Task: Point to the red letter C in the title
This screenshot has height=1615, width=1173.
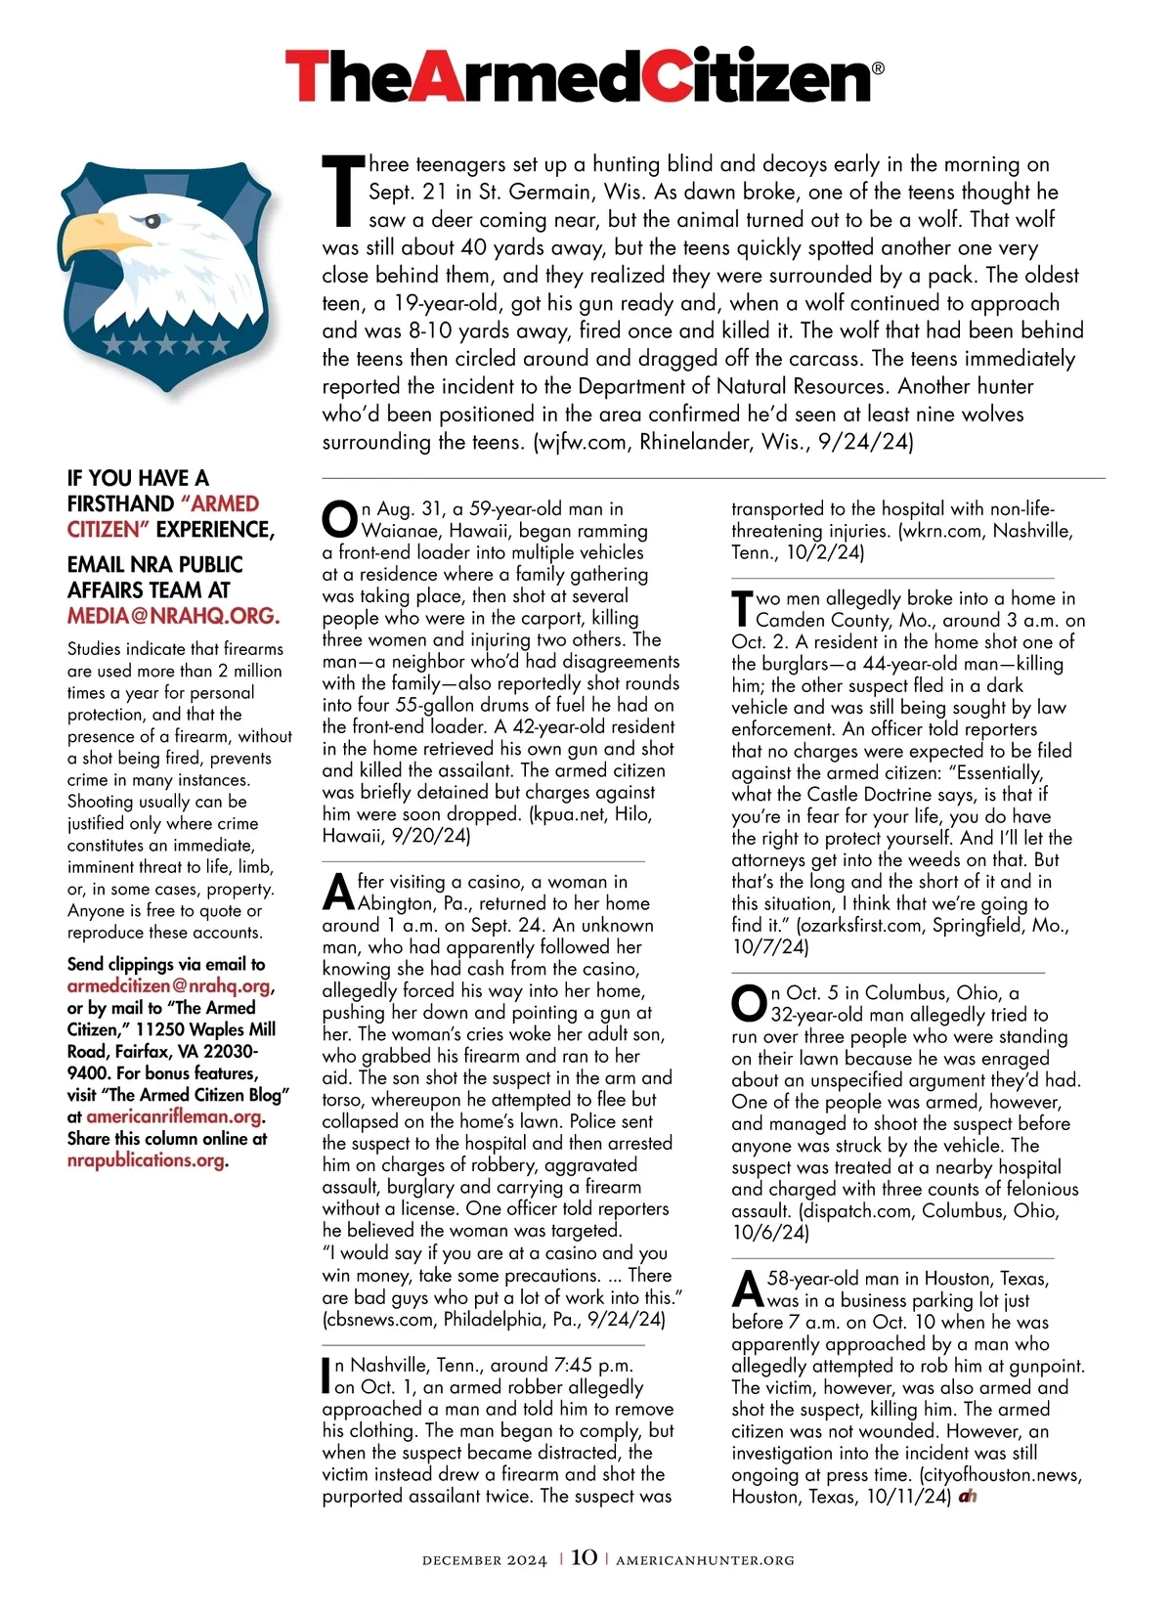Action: click(684, 77)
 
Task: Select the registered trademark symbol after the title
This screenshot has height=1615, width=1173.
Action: click(877, 68)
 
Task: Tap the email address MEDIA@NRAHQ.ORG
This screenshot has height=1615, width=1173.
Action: click(173, 617)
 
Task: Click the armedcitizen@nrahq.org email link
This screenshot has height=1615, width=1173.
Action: click(168, 986)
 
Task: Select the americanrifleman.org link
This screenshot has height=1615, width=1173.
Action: click(174, 1117)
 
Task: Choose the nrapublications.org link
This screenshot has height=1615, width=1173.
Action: click(146, 1160)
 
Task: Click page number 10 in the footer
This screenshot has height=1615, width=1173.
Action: click(584, 1557)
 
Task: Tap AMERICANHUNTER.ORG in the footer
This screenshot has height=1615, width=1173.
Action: click(705, 1560)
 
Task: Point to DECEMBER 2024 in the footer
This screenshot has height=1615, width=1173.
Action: click(484, 1560)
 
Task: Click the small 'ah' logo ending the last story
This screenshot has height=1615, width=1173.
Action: click(968, 1497)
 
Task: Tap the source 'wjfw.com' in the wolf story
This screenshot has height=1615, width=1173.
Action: click(583, 442)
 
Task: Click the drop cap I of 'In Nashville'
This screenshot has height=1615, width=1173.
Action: click(326, 1375)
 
